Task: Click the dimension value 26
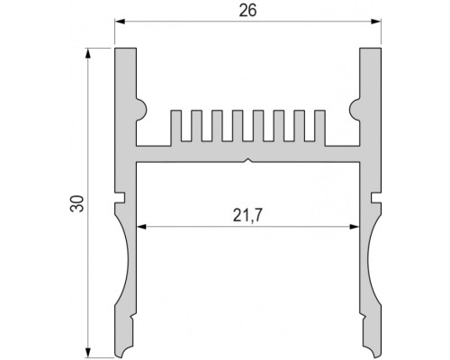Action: (x=247, y=11)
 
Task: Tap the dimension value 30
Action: (x=77, y=203)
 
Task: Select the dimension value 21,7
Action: (x=247, y=215)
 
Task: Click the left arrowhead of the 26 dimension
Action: (x=120, y=22)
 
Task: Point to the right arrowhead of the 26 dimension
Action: (x=376, y=22)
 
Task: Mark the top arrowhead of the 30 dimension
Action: (x=88, y=53)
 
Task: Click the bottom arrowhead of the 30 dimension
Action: (x=88, y=353)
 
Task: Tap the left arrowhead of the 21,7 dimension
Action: (x=141, y=227)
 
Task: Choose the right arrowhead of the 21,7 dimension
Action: (x=355, y=227)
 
